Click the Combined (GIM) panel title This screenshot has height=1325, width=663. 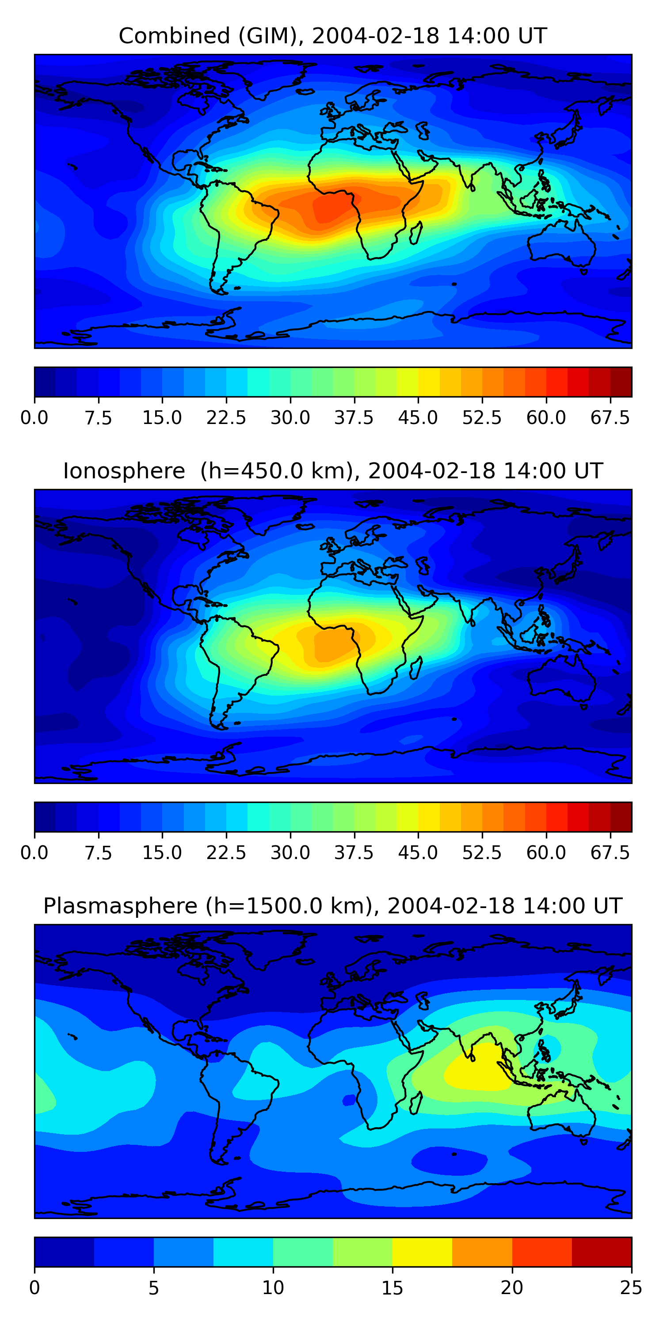pyautogui.click(x=332, y=36)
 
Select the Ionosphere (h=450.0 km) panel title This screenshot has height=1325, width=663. pyautogui.click(x=332, y=471)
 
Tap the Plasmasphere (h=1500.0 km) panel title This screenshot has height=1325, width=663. pyautogui.click(x=332, y=906)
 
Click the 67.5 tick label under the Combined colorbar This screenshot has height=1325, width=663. pyautogui.click(x=610, y=418)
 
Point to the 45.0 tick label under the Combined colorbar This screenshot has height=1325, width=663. pyautogui.click(x=418, y=418)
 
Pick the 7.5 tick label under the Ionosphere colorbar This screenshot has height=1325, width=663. pyautogui.click(x=98, y=853)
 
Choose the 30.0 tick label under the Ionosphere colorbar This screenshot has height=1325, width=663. pyautogui.click(x=290, y=853)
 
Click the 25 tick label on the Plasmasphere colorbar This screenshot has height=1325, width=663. pyautogui.click(x=631, y=1288)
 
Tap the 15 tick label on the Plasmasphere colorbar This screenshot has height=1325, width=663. pyautogui.click(x=392, y=1288)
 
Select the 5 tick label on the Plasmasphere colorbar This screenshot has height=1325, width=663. pyautogui.click(x=153, y=1288)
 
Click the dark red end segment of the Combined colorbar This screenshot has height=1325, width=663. pyautogui.click(x=621, y=382)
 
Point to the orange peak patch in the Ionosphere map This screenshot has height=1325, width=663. pyautogui.click(x=332, y=646)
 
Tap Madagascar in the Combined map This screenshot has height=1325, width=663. pyautogui.click(x=416, y=232)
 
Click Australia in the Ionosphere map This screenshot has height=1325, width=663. pyautogui.click(x=561, y=679)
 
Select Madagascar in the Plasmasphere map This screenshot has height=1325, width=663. pyautogui.click(x=416, y=1102)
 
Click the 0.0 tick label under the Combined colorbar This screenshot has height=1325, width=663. pyautogui.click(x=34, y=418)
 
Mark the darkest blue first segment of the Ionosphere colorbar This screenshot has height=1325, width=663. pyautogui.click(x=45, y=817)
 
